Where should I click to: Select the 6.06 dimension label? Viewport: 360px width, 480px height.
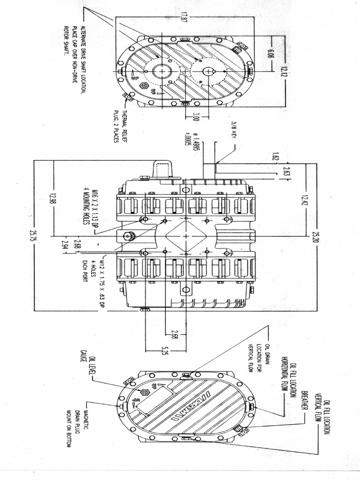[271, 52]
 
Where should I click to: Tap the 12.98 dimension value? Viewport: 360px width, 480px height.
[52, 199]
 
